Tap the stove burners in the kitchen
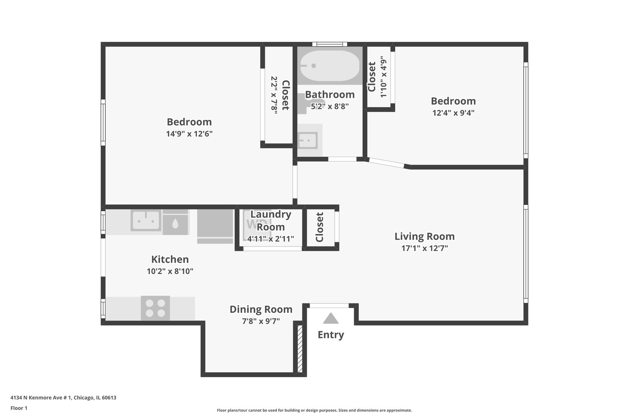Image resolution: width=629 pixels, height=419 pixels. point(155,308)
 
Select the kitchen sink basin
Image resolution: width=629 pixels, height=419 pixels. point(146,220)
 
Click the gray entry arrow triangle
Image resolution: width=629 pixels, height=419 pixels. point(331,319)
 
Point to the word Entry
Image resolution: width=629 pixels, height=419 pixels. point(331,335)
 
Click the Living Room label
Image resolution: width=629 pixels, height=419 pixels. point(424,236)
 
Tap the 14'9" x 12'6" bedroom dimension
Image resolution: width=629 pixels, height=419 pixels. point(189,134)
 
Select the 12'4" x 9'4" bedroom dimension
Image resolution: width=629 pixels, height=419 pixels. point(453,113)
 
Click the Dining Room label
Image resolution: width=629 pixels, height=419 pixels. point(261,309)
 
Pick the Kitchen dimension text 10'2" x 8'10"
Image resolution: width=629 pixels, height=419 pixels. point(170,271)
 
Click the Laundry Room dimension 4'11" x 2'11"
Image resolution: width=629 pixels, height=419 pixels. point(271,239)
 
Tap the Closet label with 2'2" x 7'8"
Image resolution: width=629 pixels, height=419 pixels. point(285,95)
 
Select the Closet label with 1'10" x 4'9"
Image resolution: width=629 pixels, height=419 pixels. point(372,77)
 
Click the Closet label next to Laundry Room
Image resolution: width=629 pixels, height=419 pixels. point(320,227)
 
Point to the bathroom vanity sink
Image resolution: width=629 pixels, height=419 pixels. point(308,140)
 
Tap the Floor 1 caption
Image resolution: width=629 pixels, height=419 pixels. point(19,408)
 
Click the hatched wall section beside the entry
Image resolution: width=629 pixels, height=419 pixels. point(300,349)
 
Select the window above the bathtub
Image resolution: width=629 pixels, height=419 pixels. point(330,44)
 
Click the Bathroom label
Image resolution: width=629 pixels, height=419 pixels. point(330,94)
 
